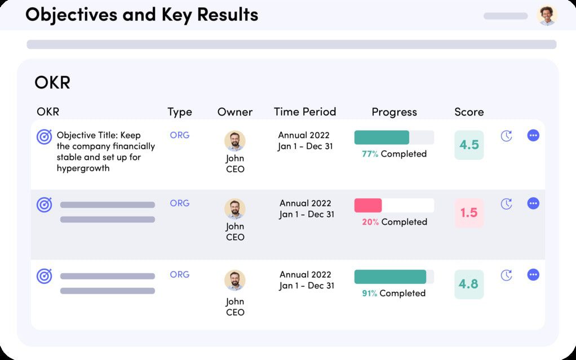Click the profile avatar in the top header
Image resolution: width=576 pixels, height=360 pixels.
tap(547, 15)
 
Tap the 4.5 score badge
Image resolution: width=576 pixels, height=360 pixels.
tap(469, 145)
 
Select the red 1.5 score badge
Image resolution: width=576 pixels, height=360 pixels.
tap(469, 213)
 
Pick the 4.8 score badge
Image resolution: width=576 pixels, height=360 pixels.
tap(469, 284)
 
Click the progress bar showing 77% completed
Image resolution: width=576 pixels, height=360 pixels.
tap(394, 137)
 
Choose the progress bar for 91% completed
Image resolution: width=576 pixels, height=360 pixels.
tap(394, 277)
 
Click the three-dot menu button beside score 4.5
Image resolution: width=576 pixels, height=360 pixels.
tap(533, 136)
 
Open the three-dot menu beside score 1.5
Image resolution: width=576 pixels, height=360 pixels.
tap(533, 203)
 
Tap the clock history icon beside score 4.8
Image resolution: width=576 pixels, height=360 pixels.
tap(507, 275)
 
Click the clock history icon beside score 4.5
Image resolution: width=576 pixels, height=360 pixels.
tap(507, 136)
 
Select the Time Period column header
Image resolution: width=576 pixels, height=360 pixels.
tap(305, 112)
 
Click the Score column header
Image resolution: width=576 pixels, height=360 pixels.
tap(469, 112)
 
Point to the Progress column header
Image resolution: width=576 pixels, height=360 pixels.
tap(394, 112)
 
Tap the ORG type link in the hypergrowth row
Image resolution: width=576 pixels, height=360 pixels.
tap(180, 135)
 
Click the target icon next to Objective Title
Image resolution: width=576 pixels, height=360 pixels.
tap(45, 137)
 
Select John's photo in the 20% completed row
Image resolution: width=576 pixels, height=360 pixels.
tap(235, 208)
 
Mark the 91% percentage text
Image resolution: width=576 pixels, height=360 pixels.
tap(370, 293)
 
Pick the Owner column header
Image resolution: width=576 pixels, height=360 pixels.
tap(235, 112)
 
